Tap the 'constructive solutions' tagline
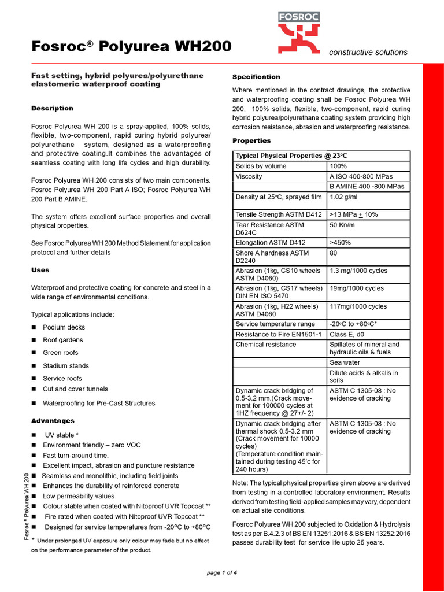[368, 52]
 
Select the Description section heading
[52, 108]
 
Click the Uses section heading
[40, 270]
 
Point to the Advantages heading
[52, 421]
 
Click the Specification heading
[256, 77]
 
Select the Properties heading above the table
[251, 140]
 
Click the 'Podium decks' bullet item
[64, 327]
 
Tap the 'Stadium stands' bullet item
[66, 366]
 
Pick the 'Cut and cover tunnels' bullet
[75, 389]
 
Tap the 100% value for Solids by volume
[338, 166]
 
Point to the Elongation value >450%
[340, 242]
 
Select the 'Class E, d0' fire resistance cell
[347, 334]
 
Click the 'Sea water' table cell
[345, 362]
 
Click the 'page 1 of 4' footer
[222, 572]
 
